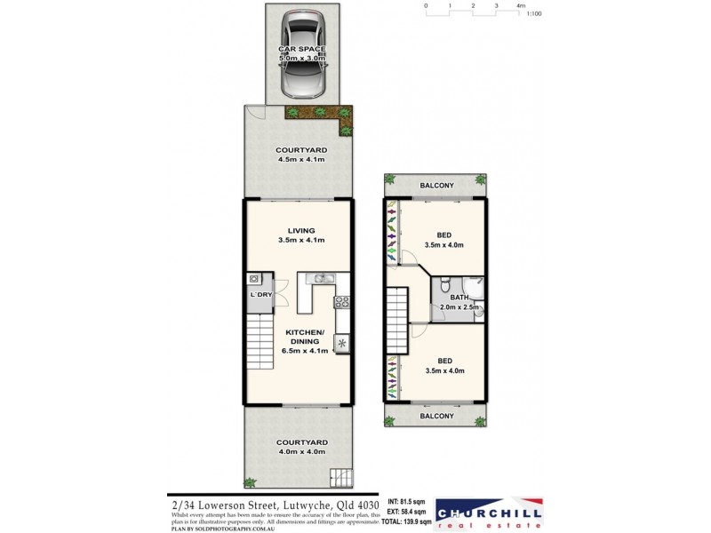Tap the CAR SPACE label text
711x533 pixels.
pyautogui.click(x=301, y=49)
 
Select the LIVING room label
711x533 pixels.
pyautogui.click(x=301, y=231)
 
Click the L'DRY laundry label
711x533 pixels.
pyautogui.click(x=260, y=294)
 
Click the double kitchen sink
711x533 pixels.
pyautogui.click(x=322, y=280)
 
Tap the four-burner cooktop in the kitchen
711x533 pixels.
pyautogui.click(x=341, y=302)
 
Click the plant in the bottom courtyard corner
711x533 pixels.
pyautogui.click(x=252, y=482)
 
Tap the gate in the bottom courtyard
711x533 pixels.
pyautogui.click(x=340, y=476)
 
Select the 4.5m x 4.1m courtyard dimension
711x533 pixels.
pyautogui.click(x=301, y=161)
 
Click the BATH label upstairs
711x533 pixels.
pyautogui.click(x=459, y=298)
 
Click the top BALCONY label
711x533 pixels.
pyautogui.click(x=436, y=186)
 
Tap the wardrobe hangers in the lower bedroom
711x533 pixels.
pyautogui.click(x=391, y=377)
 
